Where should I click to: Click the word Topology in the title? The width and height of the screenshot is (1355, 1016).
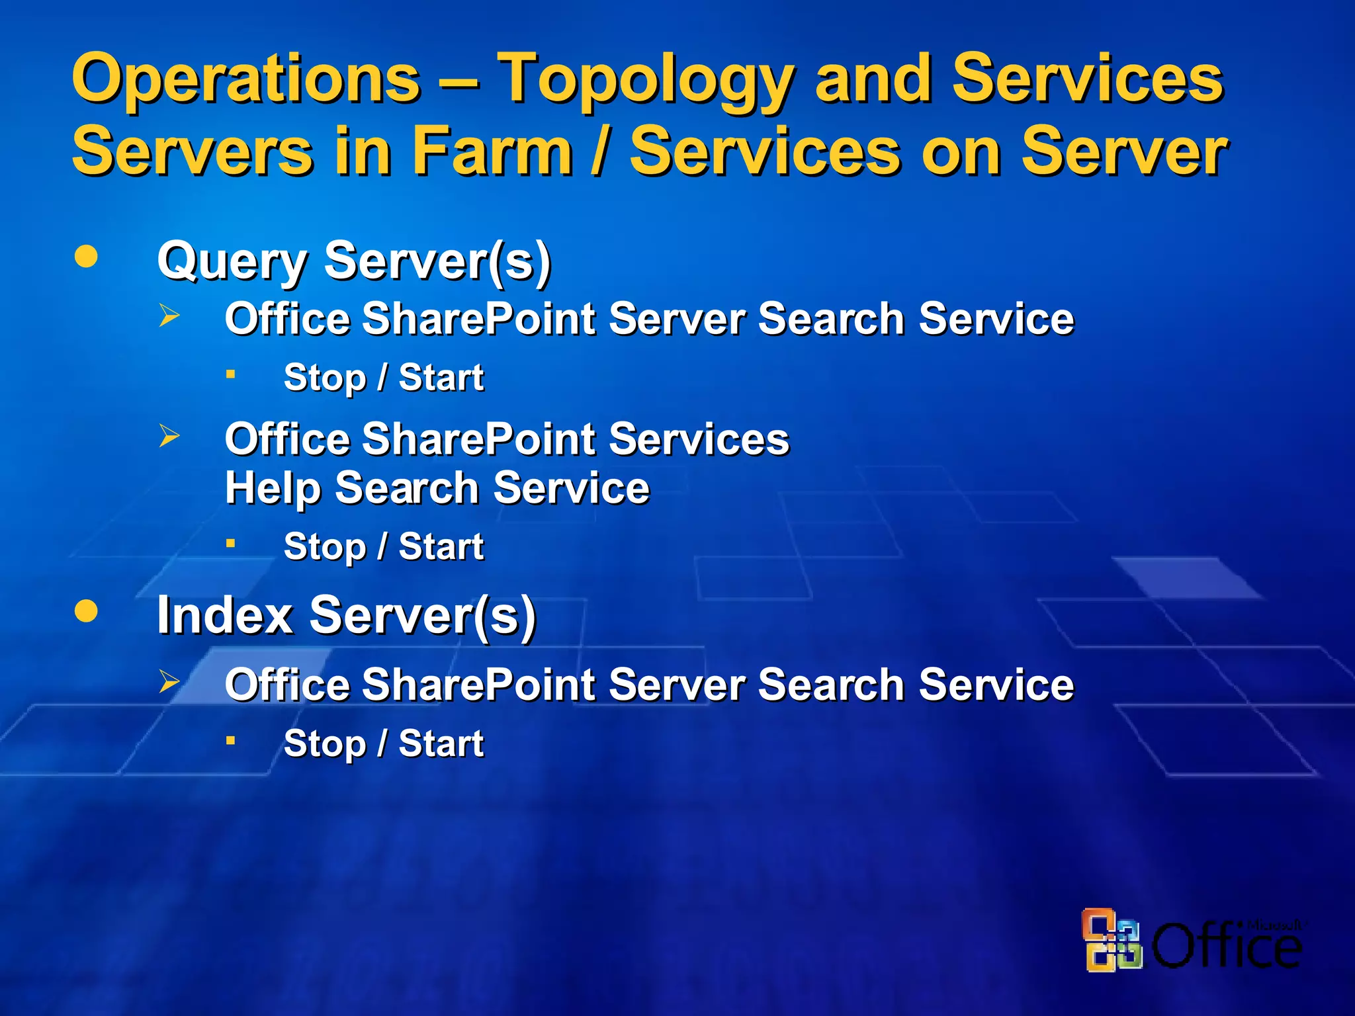click(x=645, y=81)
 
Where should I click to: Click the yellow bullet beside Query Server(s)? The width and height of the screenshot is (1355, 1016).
click(x=87, y=256)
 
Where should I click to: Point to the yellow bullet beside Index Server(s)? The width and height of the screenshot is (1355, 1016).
click(x=87, y=611)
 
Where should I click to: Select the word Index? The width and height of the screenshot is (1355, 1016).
click(x=224, y=615)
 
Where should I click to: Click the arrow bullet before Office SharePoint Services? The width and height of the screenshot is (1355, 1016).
click(x=169, y=436)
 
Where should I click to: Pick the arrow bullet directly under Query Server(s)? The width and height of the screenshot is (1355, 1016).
click(x=169, y=316)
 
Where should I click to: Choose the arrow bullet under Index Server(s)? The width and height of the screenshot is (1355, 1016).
click(x=169, y=681)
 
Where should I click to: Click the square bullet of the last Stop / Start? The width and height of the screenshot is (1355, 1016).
click(x=230, y=741)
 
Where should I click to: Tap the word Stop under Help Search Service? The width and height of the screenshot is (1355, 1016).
click(x=324, y=548)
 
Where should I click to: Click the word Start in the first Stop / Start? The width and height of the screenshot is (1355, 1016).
click(x=441, y=378)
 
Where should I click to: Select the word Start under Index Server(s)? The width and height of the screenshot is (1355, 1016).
click(x=441, y=743)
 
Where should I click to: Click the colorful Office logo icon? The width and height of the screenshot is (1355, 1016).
click(x=1112, y=939)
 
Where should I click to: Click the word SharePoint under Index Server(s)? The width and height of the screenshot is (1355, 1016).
click(x=479, y=684)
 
